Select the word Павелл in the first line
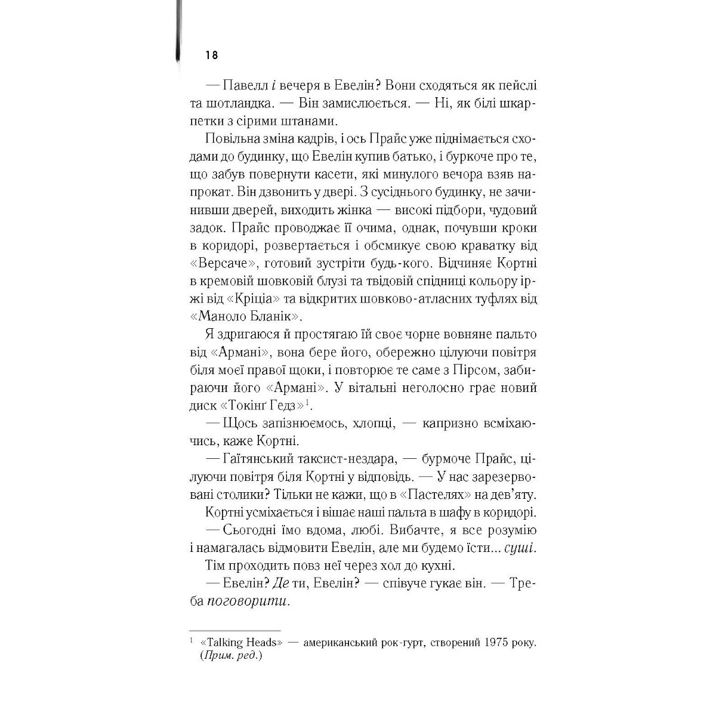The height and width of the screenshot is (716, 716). pos(243,86)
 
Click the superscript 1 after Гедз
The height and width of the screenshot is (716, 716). pos(307,402)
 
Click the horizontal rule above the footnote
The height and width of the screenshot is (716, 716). pos(234,630)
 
